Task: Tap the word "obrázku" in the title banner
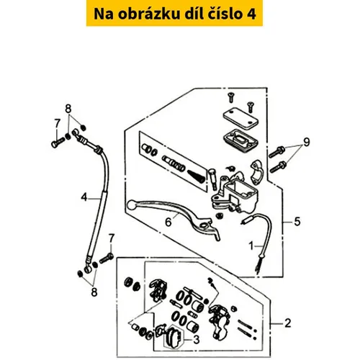pyautogui.click(x=149, y=14)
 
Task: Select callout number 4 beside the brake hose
pyautogui.click(x=84, y=197)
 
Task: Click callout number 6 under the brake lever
pyautogui.click(x=168, y=222)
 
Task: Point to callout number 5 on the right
pyautogui.click(x=297, y=222)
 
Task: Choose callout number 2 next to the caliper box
pyautogui.click(x=288, y=323)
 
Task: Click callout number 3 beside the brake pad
pyautogui.click(x=197, y=340)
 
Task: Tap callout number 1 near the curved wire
pyautogui.click(x=251, y=246)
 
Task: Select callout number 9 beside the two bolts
pyautogui.click(x=307, y=142)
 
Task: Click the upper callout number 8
pyautogui.click(x=68, y=109)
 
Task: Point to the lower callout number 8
pyautogui.click(x=94, y=292)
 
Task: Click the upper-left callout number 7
pyautogui.click(x=57, y=124)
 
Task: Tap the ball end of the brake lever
pyautogui.click(x=132, y=204)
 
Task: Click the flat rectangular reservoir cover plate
pyautogui.click(x=240, y=120)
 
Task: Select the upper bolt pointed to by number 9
pyautogui.click(x=276, y=152)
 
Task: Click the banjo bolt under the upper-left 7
pyautogui.click(x=58, y=142)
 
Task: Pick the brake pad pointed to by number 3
pyautogui.click(x=174, y=336)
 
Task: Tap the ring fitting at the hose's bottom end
pyautogui.click(x=88, y=269)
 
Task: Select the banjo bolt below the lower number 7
pyautogui.click(x=106, y=258)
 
